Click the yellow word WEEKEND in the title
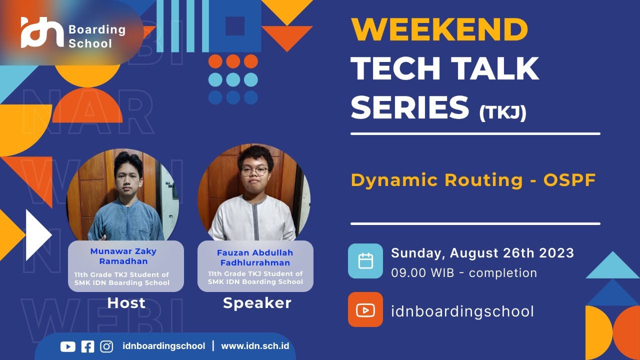tap(439, 30)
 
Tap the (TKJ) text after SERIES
tap(502, 112)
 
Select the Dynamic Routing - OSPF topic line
tap(473, 180)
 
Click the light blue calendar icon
tap(365, 261)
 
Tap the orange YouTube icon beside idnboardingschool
tap(365, 310)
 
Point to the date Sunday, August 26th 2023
tap(482, 253)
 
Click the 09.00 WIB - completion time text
tap(463, 273)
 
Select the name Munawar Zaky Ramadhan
tap(123, 256)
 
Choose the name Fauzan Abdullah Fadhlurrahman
tap(255, 257)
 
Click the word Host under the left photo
tap(126, 303)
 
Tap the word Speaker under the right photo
tap(257, 303)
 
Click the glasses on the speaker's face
tap(254, 170)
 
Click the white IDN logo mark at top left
tap(42, 33)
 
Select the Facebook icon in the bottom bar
tap(87, 346)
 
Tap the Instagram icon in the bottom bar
tap(106, 346)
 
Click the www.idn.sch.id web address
tap(255, 346)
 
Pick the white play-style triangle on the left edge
tap(38, 235)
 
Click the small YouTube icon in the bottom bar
tap(67, 346)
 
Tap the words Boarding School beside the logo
tap(96, 36)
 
